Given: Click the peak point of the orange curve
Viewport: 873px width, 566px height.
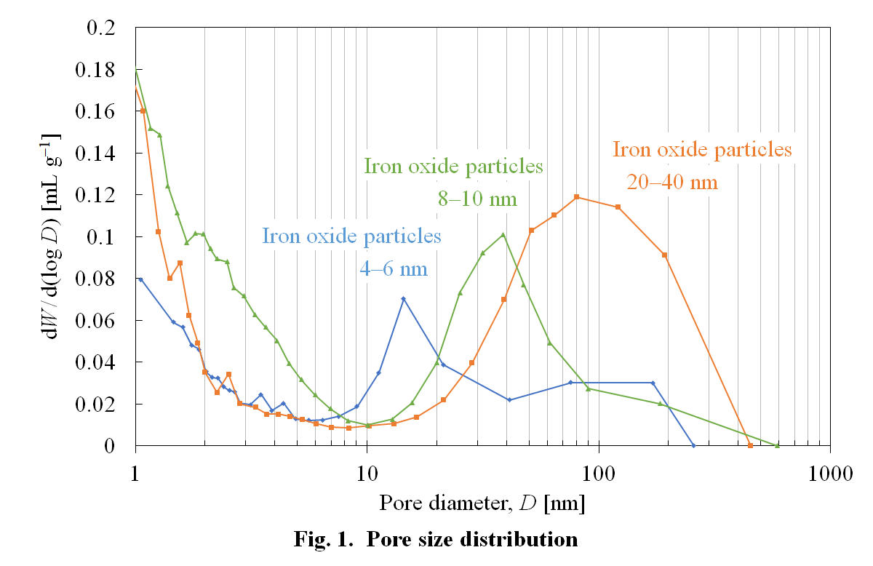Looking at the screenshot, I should point(576,197).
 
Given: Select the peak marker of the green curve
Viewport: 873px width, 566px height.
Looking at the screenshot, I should point(503,234).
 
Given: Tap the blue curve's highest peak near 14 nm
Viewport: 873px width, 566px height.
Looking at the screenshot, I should point(403,298).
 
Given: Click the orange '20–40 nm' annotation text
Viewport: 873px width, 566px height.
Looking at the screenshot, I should point(672,182).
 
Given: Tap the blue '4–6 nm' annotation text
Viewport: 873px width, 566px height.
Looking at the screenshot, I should point(394,268).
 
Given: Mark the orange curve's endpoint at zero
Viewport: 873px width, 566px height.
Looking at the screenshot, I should point(750,445).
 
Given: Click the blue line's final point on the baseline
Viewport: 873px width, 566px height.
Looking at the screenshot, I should point(693,445).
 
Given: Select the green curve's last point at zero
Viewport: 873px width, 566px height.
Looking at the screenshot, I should point(777,445).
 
